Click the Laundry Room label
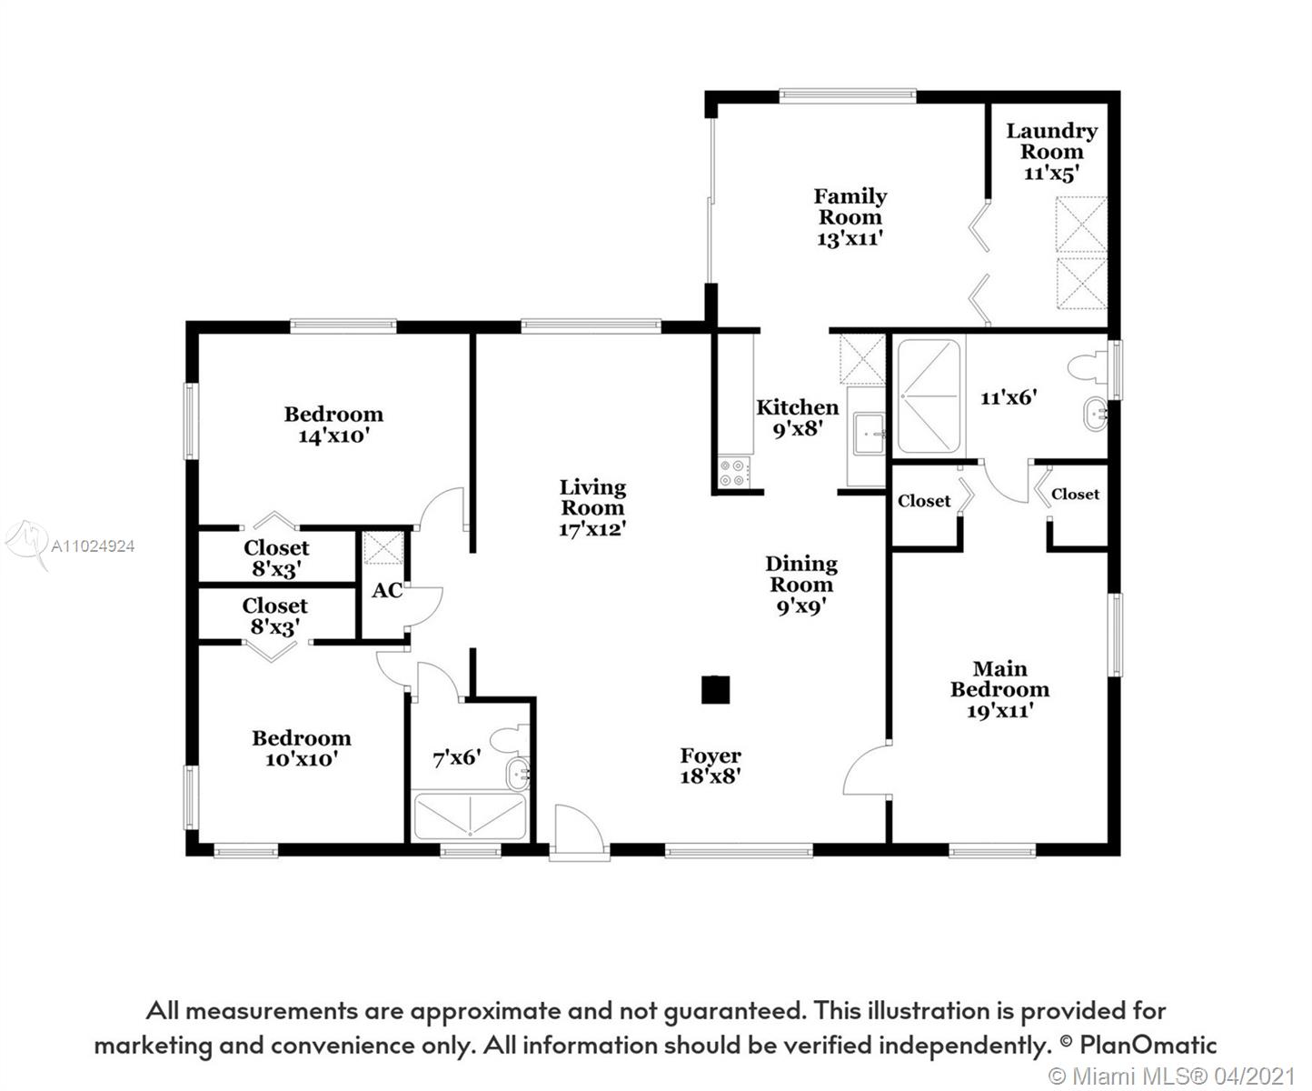pyautogui.click(x=1051, y=142)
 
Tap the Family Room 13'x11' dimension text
pyautogui.click(x=850, y=239)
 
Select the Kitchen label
pyautogui.click(x=797, y=407)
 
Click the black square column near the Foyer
pyautogui.click(x=715, y=690)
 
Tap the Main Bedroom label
pyautogui.click(x=999, y=679)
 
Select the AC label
pyautogui.click(x=387, y=590)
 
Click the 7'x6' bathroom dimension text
pyautogui.click(x=456, y=757)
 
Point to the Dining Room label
pyautogui.click(x=800, y=575)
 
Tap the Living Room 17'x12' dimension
pyautogui.click(x=591, y=529)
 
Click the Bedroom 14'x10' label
pyautogui.click(x=333, y=425)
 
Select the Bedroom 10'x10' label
pyautogui.click(x=301, y=748)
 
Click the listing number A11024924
pyautogui.click(x=93, y=546)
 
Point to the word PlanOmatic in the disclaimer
pyautogui.click(x=1148, y=1045)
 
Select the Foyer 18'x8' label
pyautogui.click(x=711, y=766)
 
